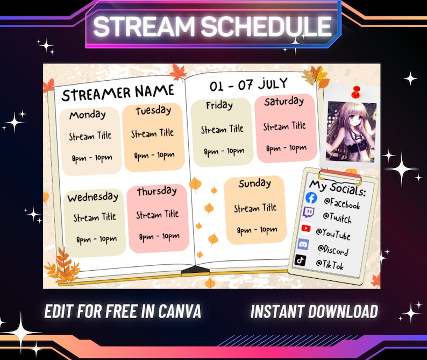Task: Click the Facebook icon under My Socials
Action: tap(311, 198)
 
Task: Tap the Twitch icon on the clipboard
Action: tap(309, 213)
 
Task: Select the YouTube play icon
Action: tap(306, 228)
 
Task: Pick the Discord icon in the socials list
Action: tap(303, 244)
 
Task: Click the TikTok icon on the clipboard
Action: tap(301, 260)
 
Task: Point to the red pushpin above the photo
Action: tap(355, 91)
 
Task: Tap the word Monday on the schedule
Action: tap(88, 115)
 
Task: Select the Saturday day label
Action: tap(284, 101)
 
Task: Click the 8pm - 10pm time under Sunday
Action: tap(257, 230)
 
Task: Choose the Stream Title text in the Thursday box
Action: tap(157, 215)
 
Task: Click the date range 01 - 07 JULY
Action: tap(248, 84)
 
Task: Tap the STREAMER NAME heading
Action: tap(118, 93)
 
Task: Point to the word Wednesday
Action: tap(93, 196)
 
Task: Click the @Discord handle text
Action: tap(332, 250)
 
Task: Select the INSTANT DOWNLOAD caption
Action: tap(314, 311)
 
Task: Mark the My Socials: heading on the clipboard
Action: tap(337, 188)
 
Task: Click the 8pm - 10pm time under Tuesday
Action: tap(154, 156)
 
